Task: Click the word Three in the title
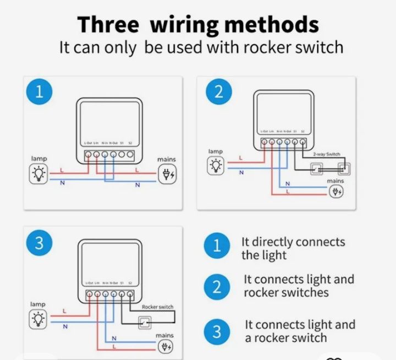coord(107,25)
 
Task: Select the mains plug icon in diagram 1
coord(166,174)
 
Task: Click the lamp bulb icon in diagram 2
coord(216,165)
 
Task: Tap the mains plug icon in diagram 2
coord(336,191)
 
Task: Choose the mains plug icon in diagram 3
coord(165,346)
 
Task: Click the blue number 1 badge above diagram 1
coord(39,92)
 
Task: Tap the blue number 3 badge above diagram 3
coord(39,243)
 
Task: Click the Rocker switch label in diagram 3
coord(157,307)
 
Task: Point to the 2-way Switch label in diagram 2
coord(327,155)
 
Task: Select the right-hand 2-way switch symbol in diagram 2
coord(344,168)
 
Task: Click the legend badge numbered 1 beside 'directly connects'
coord(217,247)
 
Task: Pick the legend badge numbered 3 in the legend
coord(217,331)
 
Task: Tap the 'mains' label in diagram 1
coord(167,160)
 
